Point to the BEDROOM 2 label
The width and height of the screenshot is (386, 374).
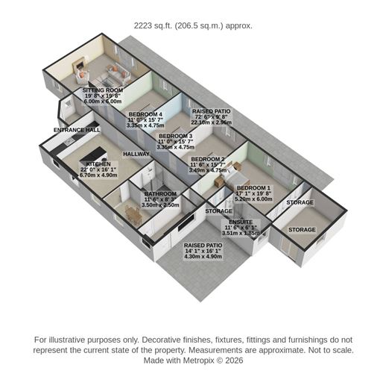(208, 159)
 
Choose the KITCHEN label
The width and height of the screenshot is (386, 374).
(98, 163)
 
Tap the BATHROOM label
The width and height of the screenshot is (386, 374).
(160, 193)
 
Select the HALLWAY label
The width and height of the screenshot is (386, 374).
(136, 154)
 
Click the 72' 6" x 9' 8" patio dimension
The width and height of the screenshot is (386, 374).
(212, 118)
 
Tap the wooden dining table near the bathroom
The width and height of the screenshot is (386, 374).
(133, 215)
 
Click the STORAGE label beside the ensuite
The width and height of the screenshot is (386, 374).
(219, 211)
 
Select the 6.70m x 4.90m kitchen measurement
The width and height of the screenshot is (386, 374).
(98, 175)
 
